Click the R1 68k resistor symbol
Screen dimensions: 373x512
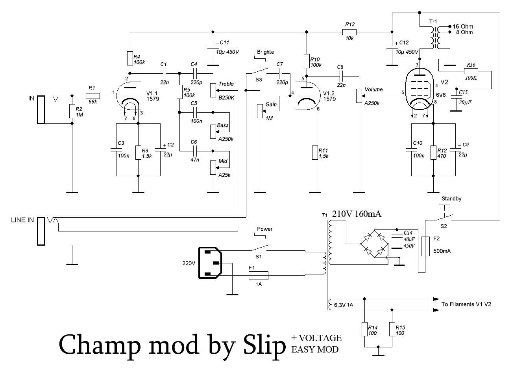tap(93, 96)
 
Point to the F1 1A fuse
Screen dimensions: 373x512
tap(259, 275)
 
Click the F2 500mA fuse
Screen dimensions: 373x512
tap(425, 246)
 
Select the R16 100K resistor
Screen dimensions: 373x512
tap(471, 71)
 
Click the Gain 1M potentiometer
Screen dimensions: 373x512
tap(259, 110)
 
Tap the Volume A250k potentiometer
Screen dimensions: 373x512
tap(359, 96)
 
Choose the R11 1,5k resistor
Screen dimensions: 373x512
tap(314, 153)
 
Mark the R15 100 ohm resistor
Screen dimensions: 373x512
tap(392, 329)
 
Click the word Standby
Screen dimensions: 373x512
tap(451, 199)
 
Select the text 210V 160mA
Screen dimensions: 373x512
tap(357, 214)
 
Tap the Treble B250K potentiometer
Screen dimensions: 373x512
tap(213, 90)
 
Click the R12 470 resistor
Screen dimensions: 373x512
tap(433, 153)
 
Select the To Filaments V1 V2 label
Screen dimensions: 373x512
tap(466, 304)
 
